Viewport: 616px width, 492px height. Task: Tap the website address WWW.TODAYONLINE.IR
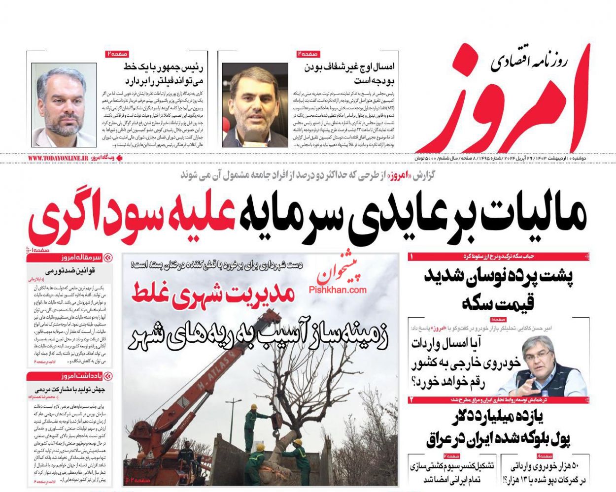[58, 159]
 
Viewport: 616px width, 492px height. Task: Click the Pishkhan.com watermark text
[338, 290]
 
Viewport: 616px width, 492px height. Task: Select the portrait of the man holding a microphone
[255, 105]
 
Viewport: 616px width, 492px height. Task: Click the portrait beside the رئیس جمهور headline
[64, 105]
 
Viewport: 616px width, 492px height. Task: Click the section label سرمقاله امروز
[78, 258]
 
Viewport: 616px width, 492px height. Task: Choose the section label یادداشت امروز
[78, 376]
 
